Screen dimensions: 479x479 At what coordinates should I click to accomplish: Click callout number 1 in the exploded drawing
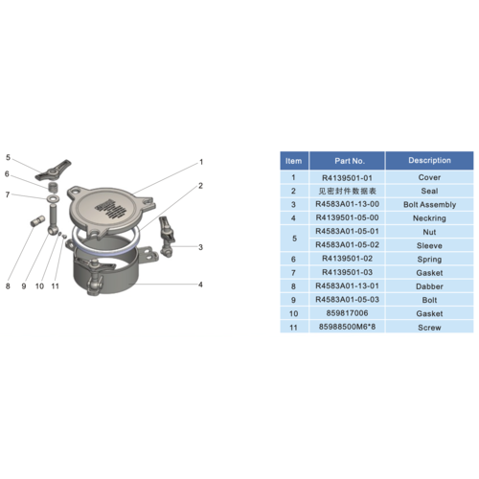[x=201, y=162]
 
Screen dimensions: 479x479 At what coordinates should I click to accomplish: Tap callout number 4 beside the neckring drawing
[x=200, y=285]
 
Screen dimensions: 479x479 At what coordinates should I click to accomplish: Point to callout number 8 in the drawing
[x=9, y=285]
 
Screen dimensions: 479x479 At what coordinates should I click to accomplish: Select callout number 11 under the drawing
[x=56, y=285]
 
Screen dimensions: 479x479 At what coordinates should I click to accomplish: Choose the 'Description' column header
[x=429, y=160]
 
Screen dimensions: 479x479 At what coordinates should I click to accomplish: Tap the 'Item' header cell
[x=293, y=160]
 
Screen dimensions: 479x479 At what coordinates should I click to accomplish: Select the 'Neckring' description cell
[x=429, y=217]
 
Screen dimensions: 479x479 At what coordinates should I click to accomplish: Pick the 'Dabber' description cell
[x=429, y=285]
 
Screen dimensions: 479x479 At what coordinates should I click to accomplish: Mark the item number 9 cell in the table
[x=293, y=298]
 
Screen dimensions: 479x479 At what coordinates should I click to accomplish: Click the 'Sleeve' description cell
[x=429, y=244]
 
